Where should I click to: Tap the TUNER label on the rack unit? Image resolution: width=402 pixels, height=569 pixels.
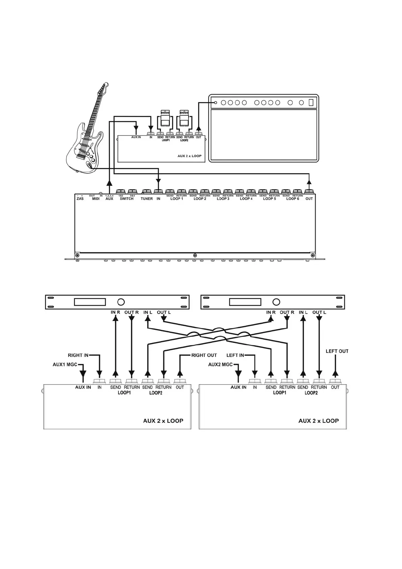(147, 199)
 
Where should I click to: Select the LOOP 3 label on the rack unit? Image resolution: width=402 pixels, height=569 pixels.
(223, 199)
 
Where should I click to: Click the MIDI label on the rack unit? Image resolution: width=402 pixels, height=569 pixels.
(96, 199)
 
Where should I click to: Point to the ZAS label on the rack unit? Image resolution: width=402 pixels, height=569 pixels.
(80, 199)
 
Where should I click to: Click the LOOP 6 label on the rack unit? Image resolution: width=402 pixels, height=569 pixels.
(293, 199)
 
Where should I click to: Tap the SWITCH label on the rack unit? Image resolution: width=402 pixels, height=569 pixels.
(127, 199)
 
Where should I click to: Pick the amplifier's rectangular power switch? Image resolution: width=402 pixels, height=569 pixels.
(311, 102)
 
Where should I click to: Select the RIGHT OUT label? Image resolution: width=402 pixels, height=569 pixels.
(204, 355)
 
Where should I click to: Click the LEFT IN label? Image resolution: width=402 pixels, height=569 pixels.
(235, 355)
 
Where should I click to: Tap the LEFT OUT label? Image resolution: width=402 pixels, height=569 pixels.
(337, 351)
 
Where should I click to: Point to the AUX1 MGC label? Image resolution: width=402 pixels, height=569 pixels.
(65, 365)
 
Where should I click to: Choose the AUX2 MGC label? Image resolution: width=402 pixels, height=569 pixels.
(220, 365)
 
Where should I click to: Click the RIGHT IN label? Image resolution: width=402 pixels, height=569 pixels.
(78, 355)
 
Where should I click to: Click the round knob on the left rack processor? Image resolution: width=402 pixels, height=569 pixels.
(121, 302)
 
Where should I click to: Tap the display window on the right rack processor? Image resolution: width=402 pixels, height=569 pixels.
(245, 302)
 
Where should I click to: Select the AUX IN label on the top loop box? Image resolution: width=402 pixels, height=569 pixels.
(136, 137)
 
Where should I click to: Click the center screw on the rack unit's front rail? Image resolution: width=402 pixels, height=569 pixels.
(195, 255)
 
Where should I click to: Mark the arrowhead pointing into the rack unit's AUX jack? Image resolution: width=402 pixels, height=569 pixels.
(109, 183)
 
